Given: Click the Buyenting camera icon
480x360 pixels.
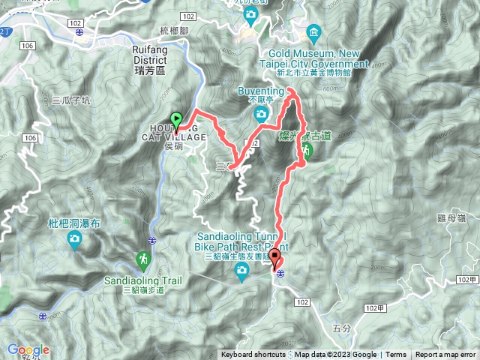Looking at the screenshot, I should click(261, 114).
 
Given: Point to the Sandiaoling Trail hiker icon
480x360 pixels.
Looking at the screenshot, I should click(142, 259).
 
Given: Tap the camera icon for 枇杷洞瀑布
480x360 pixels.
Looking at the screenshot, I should click(75, 240).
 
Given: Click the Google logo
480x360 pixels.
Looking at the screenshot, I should click(28, 349).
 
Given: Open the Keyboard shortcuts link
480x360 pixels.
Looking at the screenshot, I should click(253, 355).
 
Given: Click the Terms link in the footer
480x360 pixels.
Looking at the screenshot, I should click(396, 355).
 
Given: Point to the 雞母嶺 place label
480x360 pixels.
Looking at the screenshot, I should click(451, 217).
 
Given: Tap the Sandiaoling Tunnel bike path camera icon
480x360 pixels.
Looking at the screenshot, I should click(241, 275).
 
